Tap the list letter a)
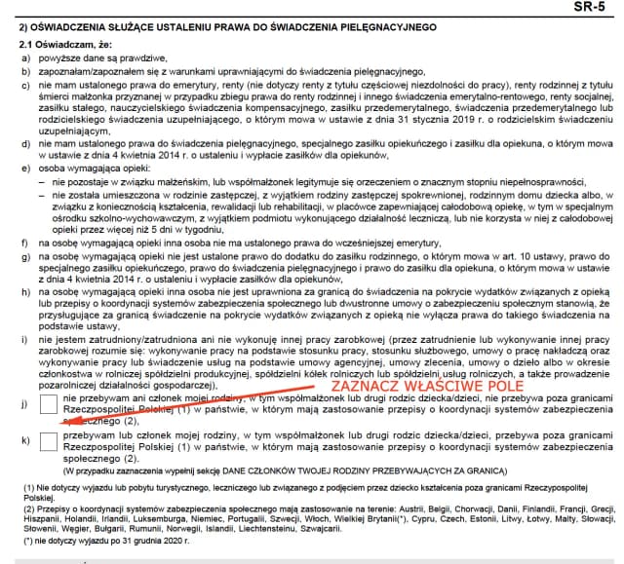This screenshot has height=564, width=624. point(23,59)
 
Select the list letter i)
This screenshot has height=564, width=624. point(23,337)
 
